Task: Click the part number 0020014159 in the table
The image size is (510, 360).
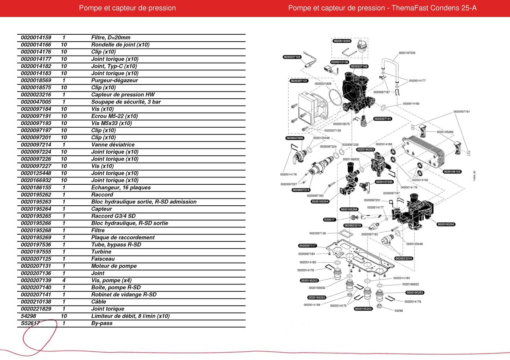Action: coord(36,38)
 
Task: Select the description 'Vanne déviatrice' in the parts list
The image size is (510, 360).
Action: coord(113,145)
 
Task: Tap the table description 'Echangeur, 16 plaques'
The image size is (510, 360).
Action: coord(121,188)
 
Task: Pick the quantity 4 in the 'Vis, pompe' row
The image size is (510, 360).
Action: coord(64,280)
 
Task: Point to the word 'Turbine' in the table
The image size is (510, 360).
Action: coord(101,252)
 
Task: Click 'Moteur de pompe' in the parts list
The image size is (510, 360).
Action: coord(114,266)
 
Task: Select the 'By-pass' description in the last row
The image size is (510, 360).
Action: coord(102,323)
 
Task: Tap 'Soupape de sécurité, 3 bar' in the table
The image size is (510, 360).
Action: coord(126,102)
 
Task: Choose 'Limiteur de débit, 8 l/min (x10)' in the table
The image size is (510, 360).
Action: coord(130,316)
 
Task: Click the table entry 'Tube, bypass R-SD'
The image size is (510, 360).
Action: coord(116,245)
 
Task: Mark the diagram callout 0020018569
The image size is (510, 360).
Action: coord(342,41)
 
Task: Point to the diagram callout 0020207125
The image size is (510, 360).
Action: coord(292,57)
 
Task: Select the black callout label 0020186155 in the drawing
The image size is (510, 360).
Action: coord(452,172)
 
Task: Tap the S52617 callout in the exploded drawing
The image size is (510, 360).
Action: coord(330,219)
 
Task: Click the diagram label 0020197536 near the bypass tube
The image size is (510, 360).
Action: coord(407,53)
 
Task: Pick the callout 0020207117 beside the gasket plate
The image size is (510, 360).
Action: coord(307,246)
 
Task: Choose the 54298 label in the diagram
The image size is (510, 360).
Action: coord(398,310)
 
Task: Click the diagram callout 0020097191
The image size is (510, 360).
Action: coord(462,112)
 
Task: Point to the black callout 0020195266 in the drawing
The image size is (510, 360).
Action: coord(446,224)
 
